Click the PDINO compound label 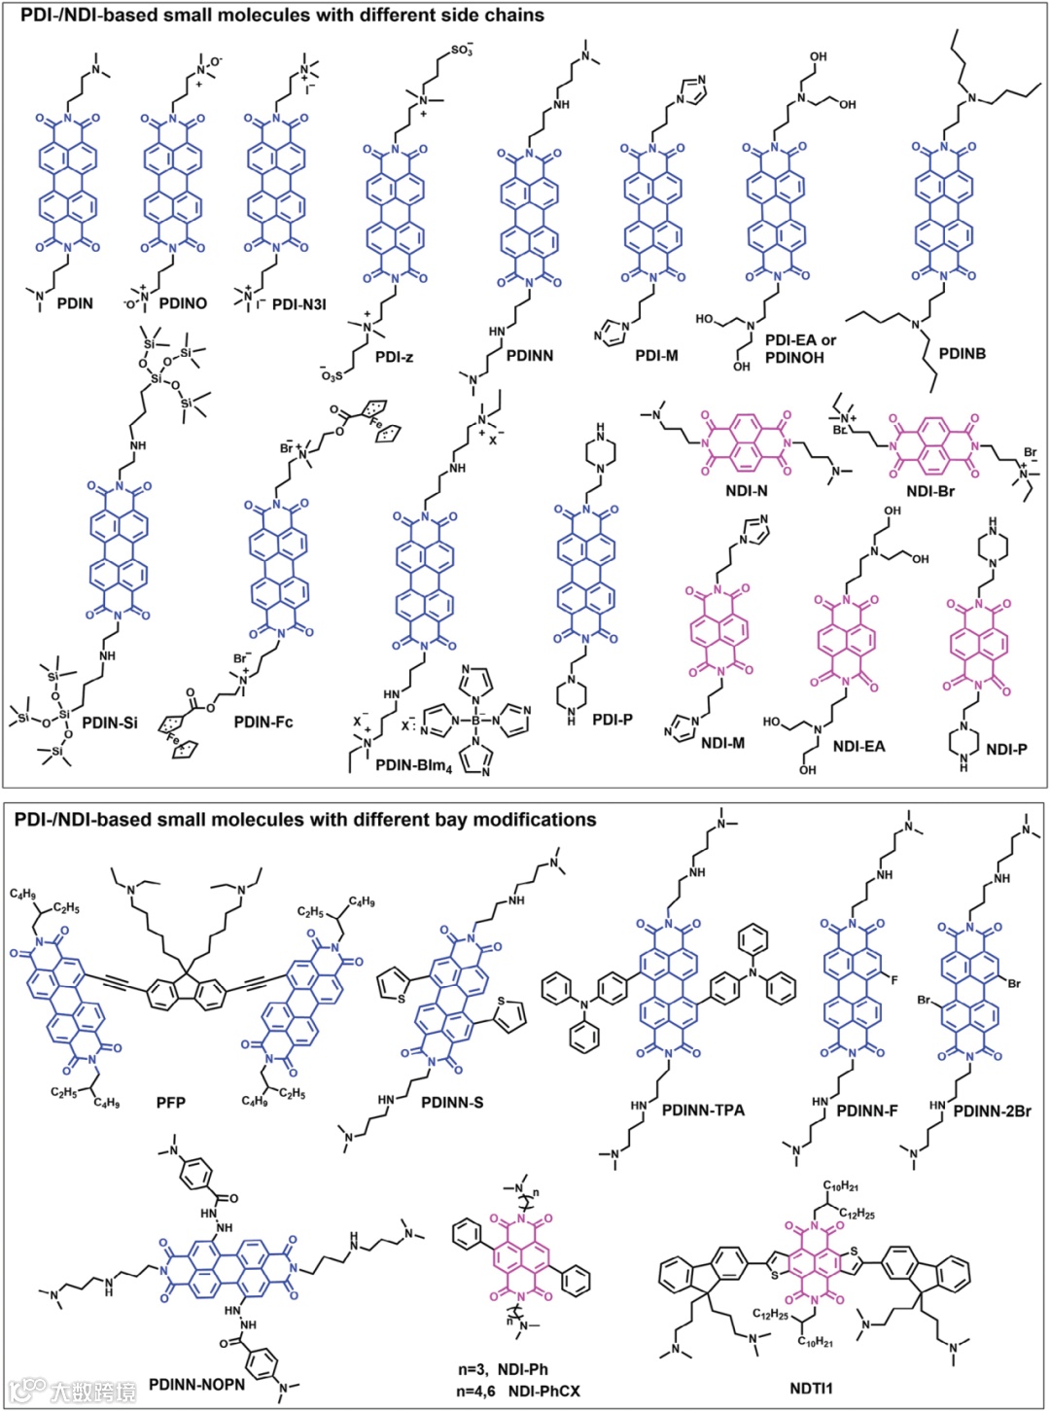183,303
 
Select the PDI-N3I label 298,304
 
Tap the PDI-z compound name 394,357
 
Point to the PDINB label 962,353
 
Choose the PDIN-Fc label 262,723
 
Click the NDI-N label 746,491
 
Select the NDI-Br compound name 930,491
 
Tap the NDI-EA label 858,746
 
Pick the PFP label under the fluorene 170,1103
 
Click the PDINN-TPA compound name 703,1110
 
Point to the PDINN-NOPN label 196,1384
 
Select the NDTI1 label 811,1388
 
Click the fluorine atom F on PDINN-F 894,979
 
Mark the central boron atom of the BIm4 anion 476,721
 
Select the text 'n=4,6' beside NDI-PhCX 476,1392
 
